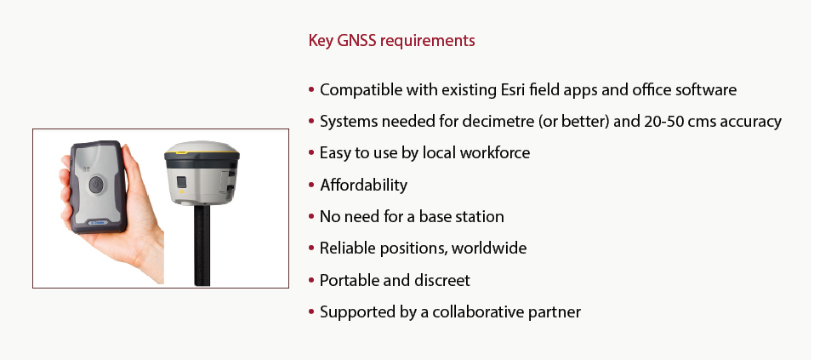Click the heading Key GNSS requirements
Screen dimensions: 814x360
[391, 41]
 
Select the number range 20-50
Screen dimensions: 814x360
[665, 122]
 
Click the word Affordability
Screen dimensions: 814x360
[363, 185]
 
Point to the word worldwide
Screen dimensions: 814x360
[488, 249]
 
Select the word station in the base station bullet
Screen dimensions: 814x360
[479, 217]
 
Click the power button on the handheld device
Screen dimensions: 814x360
[97, 185]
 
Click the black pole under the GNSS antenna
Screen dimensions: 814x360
[202, 244]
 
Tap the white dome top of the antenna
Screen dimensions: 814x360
[202, 147]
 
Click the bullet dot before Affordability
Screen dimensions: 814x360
[311, 185]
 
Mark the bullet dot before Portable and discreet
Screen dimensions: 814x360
[311, 281]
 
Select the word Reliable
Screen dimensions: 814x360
[347, 249]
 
